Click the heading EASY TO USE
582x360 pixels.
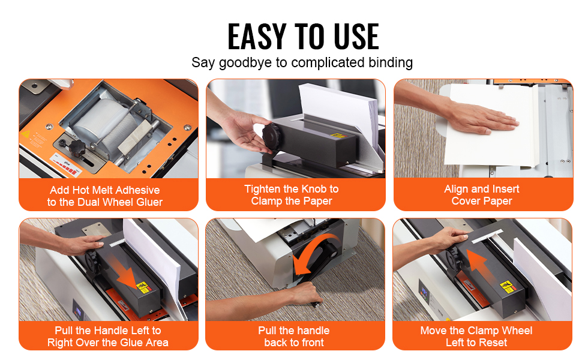(x=303, y=36)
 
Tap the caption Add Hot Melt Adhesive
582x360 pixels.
(x=105, y=190)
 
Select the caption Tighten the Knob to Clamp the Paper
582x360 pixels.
(x=292, y=195)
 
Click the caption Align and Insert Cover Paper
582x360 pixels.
(x=481, y=195)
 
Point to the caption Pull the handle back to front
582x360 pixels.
(x=294, y=336)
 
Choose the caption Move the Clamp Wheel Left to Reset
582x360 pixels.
(x=476, y=336)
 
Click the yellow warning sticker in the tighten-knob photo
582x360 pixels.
(x=338, y=136)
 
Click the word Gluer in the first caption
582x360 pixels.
(x=149, y=202)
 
